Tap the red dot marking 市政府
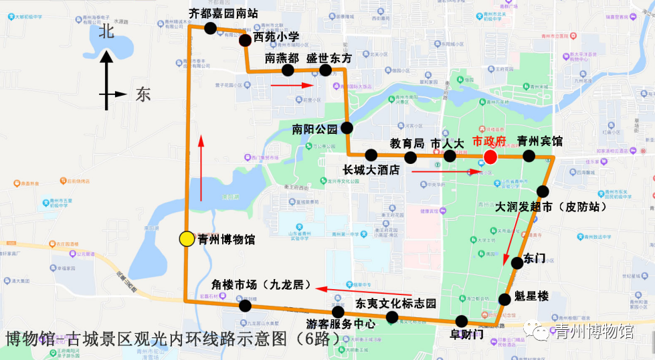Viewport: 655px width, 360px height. pyautogui.click(x=490, y=157)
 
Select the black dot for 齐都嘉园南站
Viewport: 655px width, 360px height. pyautogui.click(x=210, y=28)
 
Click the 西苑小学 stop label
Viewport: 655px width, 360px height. pyautogui.click(x=276, y=37)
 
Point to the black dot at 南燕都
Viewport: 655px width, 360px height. pyautogui.click(x=288, y=70)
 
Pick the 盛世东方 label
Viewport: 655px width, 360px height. pyautogui.click(x=329, y=58)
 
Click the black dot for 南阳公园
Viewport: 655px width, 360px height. pyautogui.click(x=347, y=127)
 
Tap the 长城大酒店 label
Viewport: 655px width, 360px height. pyautogui.click(x=371, y=170)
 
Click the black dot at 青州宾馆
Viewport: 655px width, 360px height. pyautogui.click(x=529, y=156)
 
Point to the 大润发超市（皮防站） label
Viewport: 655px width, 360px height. pyautogui.click(x=551, y=207)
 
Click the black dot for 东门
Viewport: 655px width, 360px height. pyautogui.click(x=517, y=263)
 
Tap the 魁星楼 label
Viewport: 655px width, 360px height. pyautogui.click(x=532, y=296)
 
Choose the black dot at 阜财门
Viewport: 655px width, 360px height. pyautogui.click(x=461, y=321)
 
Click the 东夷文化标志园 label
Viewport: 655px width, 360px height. pyautogui.click(x=395, y=303)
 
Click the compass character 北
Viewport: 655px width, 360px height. pyautogui.click(x=106, y=31)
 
